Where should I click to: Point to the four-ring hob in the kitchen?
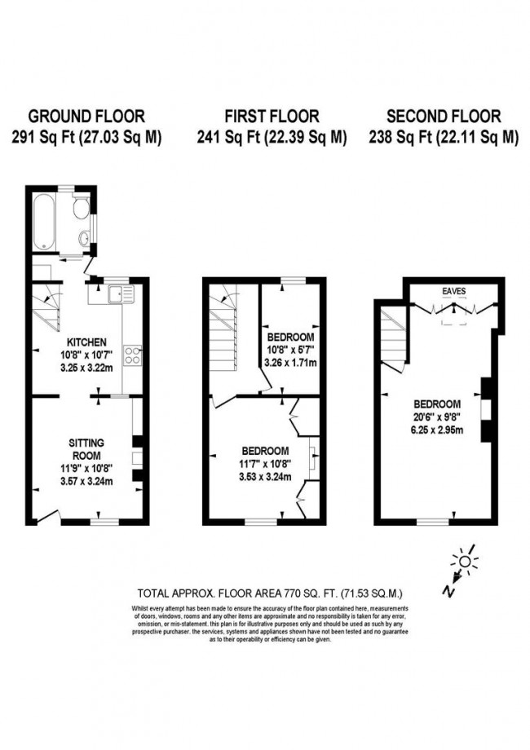132,355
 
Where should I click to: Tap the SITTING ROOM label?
86,448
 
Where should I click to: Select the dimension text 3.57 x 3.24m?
86,481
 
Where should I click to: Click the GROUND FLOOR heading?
86,117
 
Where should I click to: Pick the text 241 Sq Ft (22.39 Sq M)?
272,138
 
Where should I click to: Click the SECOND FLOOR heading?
444,117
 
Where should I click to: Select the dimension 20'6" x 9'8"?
437,417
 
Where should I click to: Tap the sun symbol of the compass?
466,560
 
